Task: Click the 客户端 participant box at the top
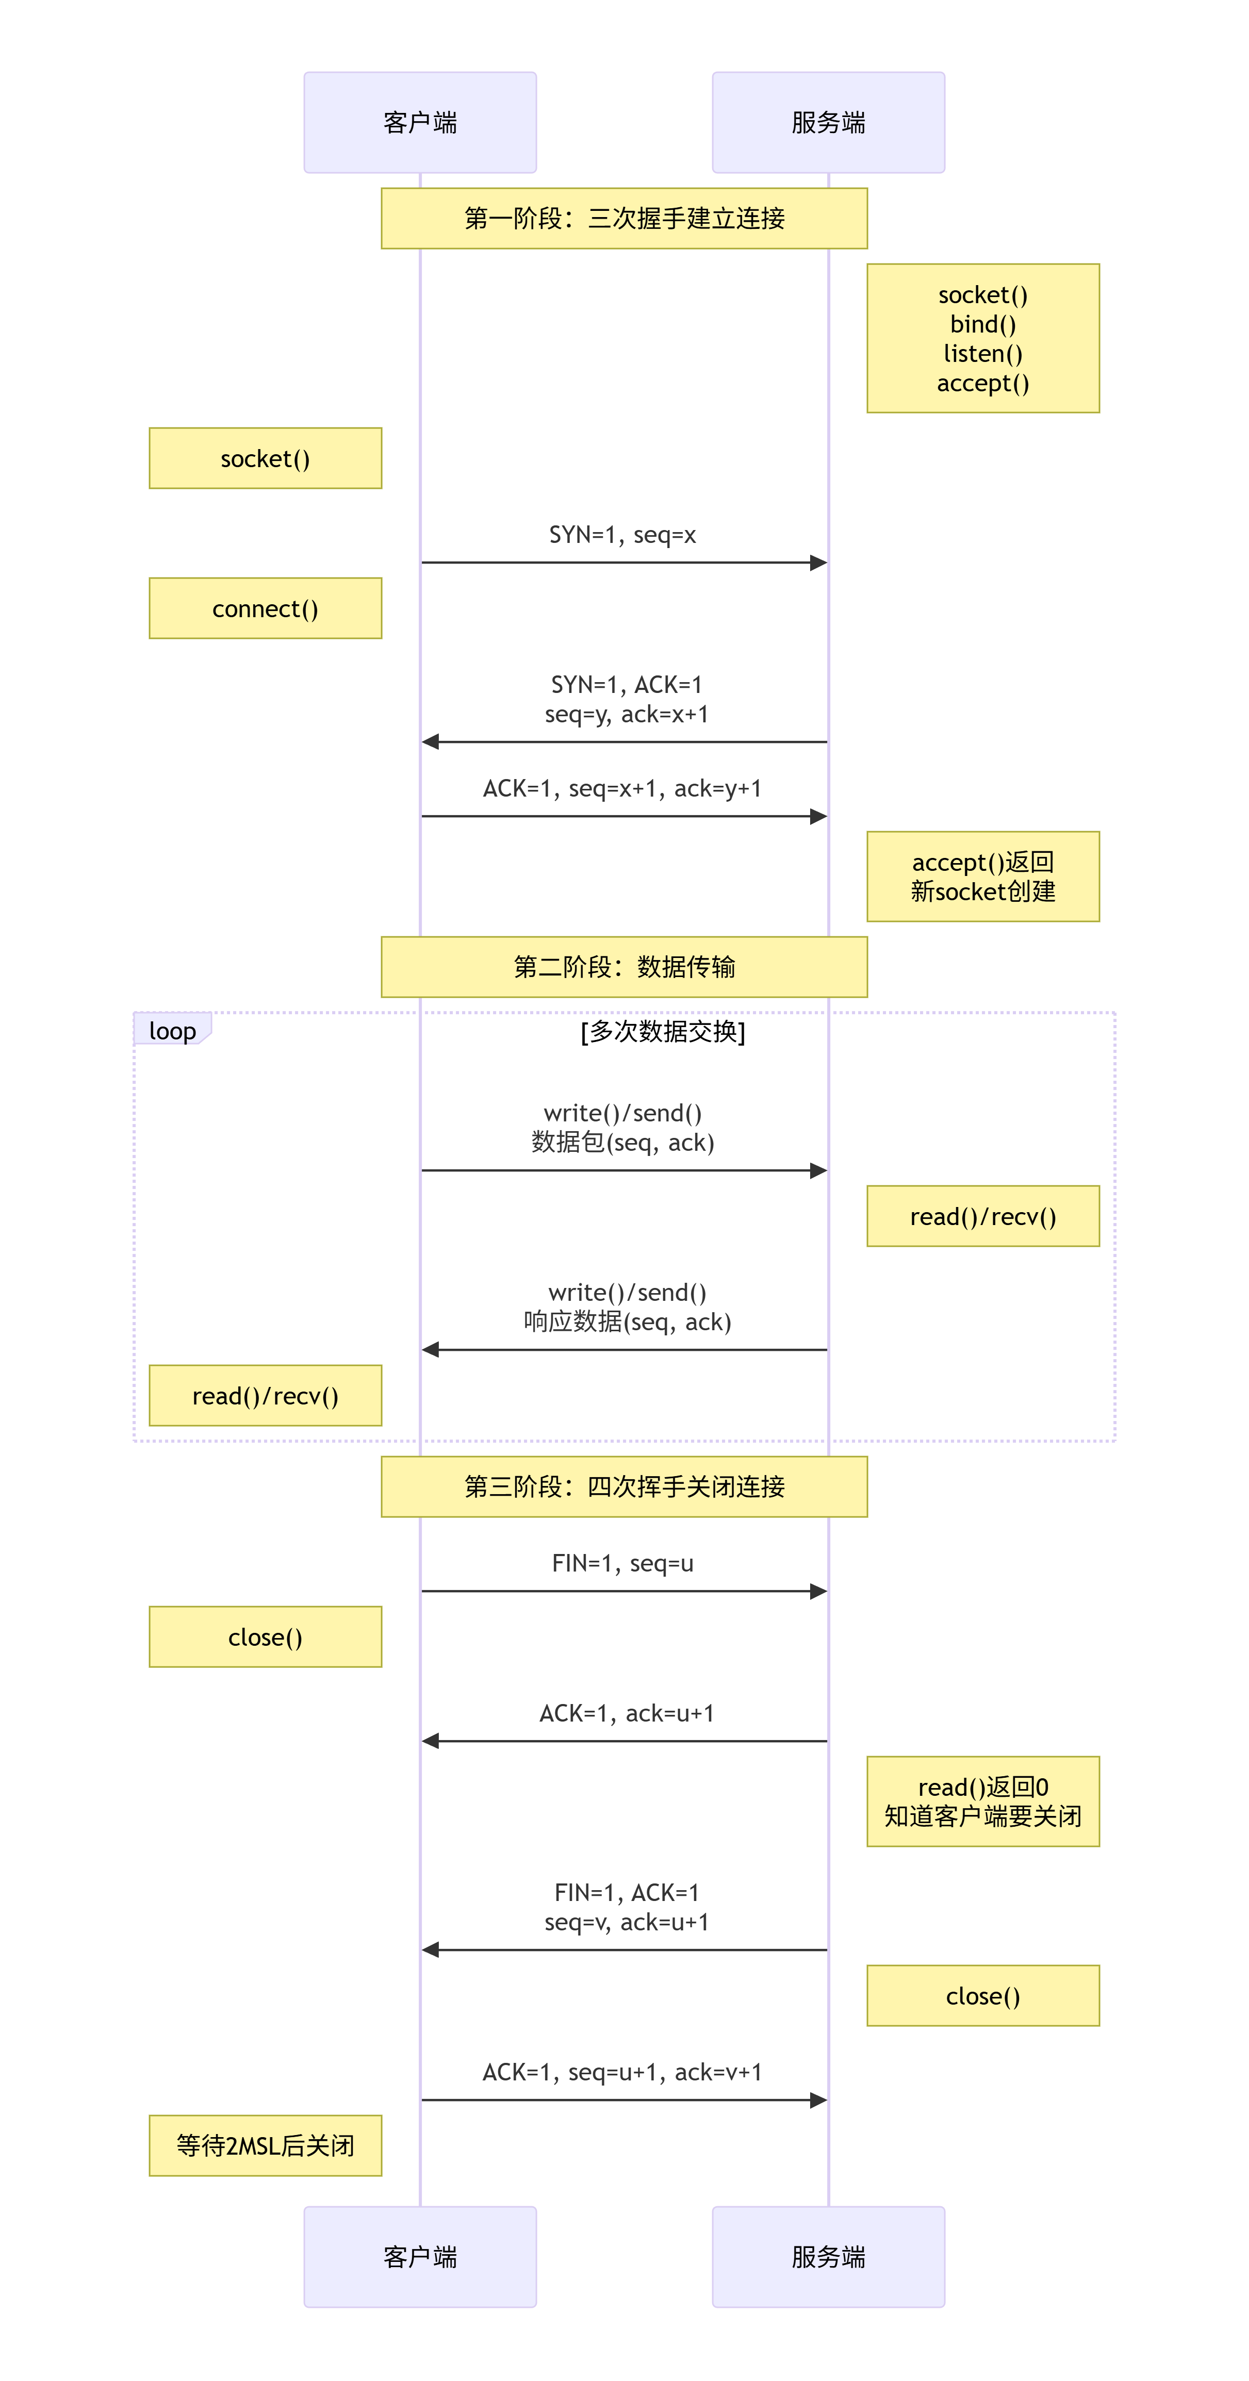point(420,122)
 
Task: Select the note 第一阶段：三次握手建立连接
point(624,218)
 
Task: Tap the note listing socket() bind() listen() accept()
point(983,338)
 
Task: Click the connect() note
point(266,608)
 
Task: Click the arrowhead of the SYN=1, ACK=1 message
point(430,741)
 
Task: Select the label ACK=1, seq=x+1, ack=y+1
point(622,788)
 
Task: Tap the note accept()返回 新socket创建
point(983,876)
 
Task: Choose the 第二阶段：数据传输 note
point(624,967)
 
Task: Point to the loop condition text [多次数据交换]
point(663,1031)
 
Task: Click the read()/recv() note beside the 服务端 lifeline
point(983,1216)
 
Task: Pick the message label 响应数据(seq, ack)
point(627,1322)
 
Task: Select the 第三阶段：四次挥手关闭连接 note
point(624,1486)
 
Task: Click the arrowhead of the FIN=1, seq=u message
point(818,1591)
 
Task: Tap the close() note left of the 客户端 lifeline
point(266,1637)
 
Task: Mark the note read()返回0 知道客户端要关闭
point(983,1801)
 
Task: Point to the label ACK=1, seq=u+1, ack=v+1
point(622,2072)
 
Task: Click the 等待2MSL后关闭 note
point(266,2145)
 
